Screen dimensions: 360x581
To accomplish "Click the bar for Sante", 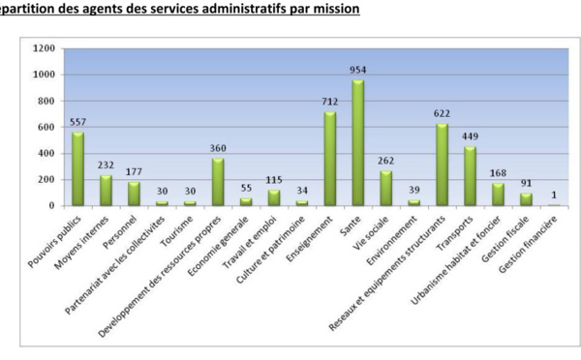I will tap(358, 142).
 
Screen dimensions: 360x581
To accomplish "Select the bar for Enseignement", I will tap(330, 159).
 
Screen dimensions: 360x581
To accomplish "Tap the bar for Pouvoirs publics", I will tap(77, 168).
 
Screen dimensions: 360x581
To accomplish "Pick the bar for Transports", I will tap(471, 176).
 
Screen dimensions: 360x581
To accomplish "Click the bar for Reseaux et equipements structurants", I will tap(443, 165).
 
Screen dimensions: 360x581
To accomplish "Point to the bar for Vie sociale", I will tap(386, 188).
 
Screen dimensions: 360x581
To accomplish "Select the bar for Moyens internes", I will tap(106, 190).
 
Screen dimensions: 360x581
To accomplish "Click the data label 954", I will tap(358, 71).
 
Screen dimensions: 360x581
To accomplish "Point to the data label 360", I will tap(218, 149).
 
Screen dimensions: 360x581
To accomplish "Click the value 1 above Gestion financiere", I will tap(555, 195).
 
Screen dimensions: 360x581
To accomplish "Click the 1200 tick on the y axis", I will tap(44, 48).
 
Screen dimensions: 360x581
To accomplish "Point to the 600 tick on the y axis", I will tap(46, 127).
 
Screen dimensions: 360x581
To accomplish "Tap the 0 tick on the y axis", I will tap(52, 205).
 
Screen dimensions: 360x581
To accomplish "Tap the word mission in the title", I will tap(336, 9).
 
